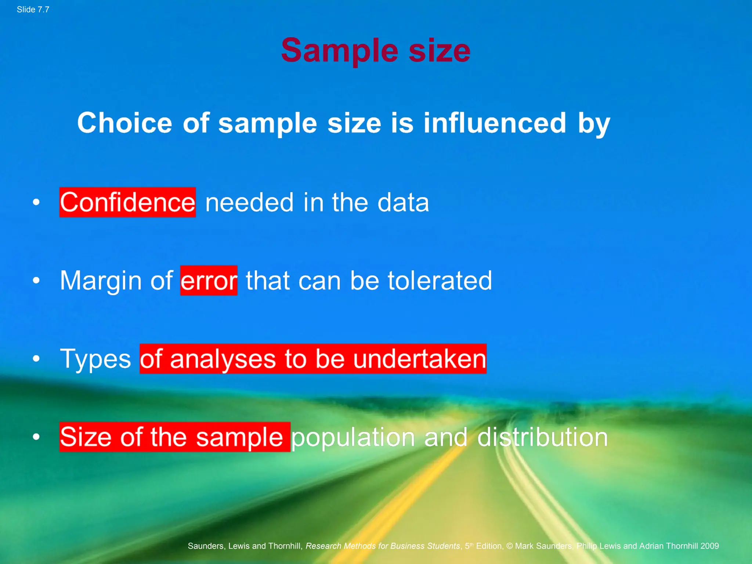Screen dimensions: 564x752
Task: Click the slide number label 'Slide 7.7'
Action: pos(33,10)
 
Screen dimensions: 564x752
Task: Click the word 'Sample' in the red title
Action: pos(340,50)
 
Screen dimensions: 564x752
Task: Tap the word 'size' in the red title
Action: pos(440,50)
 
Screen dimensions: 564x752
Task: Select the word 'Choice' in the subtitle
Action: pos(124,123)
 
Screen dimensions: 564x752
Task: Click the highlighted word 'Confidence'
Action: pos(127,202)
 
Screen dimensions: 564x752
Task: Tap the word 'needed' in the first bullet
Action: pos(249,202)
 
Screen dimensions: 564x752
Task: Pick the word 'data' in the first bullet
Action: pos(403,202)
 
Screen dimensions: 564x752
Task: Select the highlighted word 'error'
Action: pos(209,281)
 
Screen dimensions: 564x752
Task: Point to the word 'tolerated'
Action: pos(440,281)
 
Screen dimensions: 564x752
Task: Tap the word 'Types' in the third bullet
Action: pos(95,359)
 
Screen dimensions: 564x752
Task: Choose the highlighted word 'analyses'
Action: pos(223,359)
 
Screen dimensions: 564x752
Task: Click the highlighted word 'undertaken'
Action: pos(420,359)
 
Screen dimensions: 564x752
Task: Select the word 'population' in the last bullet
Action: pos(353,437)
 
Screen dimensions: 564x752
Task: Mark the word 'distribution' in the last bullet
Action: pos(542,437)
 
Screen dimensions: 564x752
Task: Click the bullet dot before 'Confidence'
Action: pos(36,202)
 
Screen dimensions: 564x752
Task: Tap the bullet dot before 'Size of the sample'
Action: pos(36,437)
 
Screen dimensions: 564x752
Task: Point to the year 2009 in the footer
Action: pos(709,546)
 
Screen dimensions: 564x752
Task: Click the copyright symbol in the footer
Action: pos(509,546)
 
